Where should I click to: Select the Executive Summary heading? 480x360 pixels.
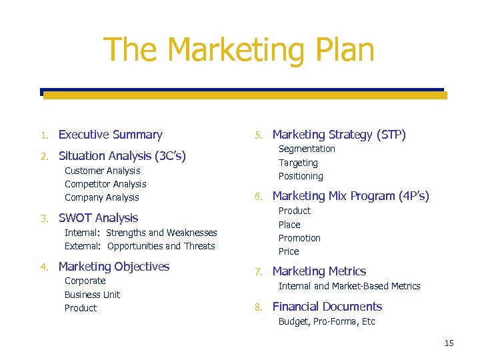110,135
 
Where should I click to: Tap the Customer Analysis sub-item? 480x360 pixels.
102,171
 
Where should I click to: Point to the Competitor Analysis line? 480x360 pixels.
105,184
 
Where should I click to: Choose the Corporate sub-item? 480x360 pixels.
85,281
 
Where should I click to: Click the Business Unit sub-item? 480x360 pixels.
92,295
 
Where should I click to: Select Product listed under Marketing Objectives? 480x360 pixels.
80,308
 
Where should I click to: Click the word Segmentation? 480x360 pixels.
307,149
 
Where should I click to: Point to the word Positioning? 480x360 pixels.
301,176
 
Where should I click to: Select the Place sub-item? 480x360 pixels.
289,225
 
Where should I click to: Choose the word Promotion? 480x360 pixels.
299,238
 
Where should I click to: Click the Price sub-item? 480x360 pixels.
289,251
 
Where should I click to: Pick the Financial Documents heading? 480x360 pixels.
327,307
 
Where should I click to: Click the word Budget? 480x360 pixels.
294,321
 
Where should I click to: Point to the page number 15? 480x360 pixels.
449,343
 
